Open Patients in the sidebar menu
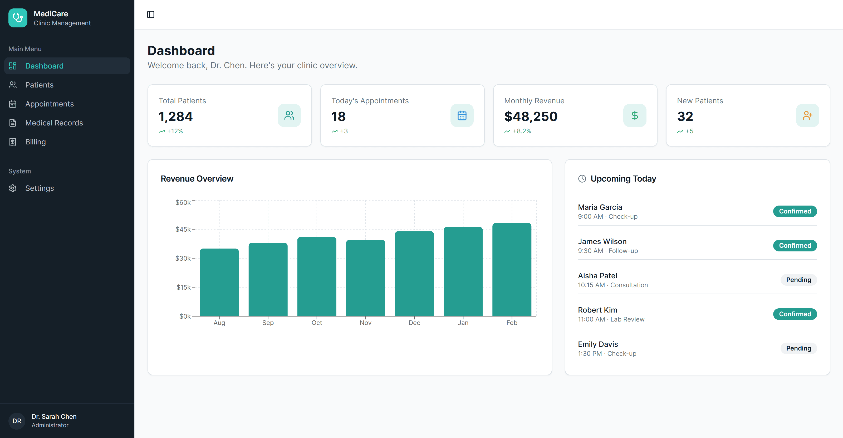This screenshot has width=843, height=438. pos(39,85)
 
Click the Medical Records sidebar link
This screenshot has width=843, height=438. pos(54,123)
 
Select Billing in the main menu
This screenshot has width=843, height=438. pos(35,142)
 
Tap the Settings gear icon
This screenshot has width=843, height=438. pos(13,188)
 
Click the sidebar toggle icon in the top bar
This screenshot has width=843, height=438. pos(150,14)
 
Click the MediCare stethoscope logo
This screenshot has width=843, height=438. pos(18,18)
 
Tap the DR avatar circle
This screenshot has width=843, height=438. pos(17,421)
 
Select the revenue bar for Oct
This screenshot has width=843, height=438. pos(316,277)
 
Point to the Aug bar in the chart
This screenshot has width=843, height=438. pos(219,282)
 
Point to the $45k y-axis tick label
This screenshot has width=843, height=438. pos(183,230)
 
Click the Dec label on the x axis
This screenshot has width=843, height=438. pos(414,323)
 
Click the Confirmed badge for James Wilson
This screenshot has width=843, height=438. pos(795,246)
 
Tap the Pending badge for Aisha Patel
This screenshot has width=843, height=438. pos(798,280)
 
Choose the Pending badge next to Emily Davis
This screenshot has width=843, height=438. pos(798,348)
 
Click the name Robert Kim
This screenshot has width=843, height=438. pos(597,310)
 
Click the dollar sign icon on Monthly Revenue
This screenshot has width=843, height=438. pos(634,115)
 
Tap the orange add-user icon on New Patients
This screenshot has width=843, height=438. pos(807,115)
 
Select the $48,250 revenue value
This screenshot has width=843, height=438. pos(531,116)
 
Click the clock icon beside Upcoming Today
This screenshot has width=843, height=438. pos(582,179)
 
